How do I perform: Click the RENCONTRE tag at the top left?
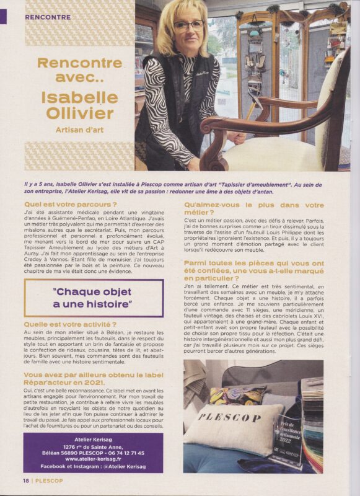[x=48, y=17]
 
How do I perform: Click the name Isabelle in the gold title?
[x=79, y=98]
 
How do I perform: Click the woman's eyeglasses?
[x=188, y=25]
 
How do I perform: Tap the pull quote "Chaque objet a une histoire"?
[x=93, y=298]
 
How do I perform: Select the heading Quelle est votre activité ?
[x=70, y=324]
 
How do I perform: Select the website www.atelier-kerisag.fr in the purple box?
[x=93, y=459]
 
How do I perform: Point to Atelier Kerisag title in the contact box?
[x=93, y=440]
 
